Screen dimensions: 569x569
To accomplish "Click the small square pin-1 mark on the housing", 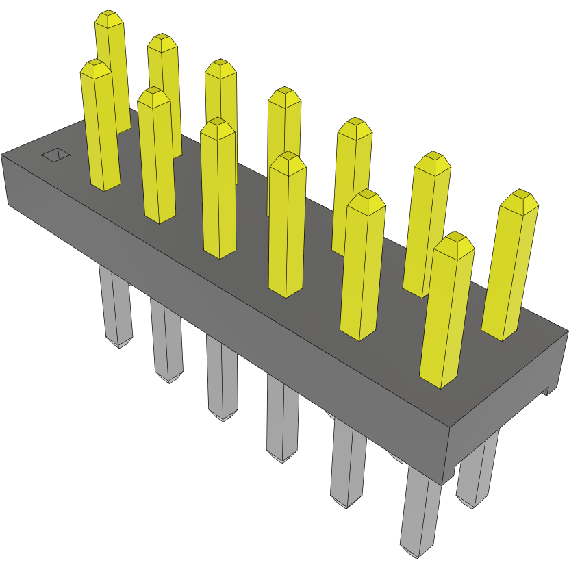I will tap(55, 155).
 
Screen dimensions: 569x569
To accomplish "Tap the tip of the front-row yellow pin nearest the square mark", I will tap(95, 66).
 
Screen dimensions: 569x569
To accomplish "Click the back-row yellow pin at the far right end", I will tap(510, 267).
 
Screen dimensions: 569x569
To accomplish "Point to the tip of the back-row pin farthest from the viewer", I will tap(109, 18).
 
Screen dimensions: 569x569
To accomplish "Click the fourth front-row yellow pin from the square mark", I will tap(286, 226).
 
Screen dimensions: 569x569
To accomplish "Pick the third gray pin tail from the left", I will tap(223, 381).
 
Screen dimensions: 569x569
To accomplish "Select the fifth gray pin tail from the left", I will tap(348, 465).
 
